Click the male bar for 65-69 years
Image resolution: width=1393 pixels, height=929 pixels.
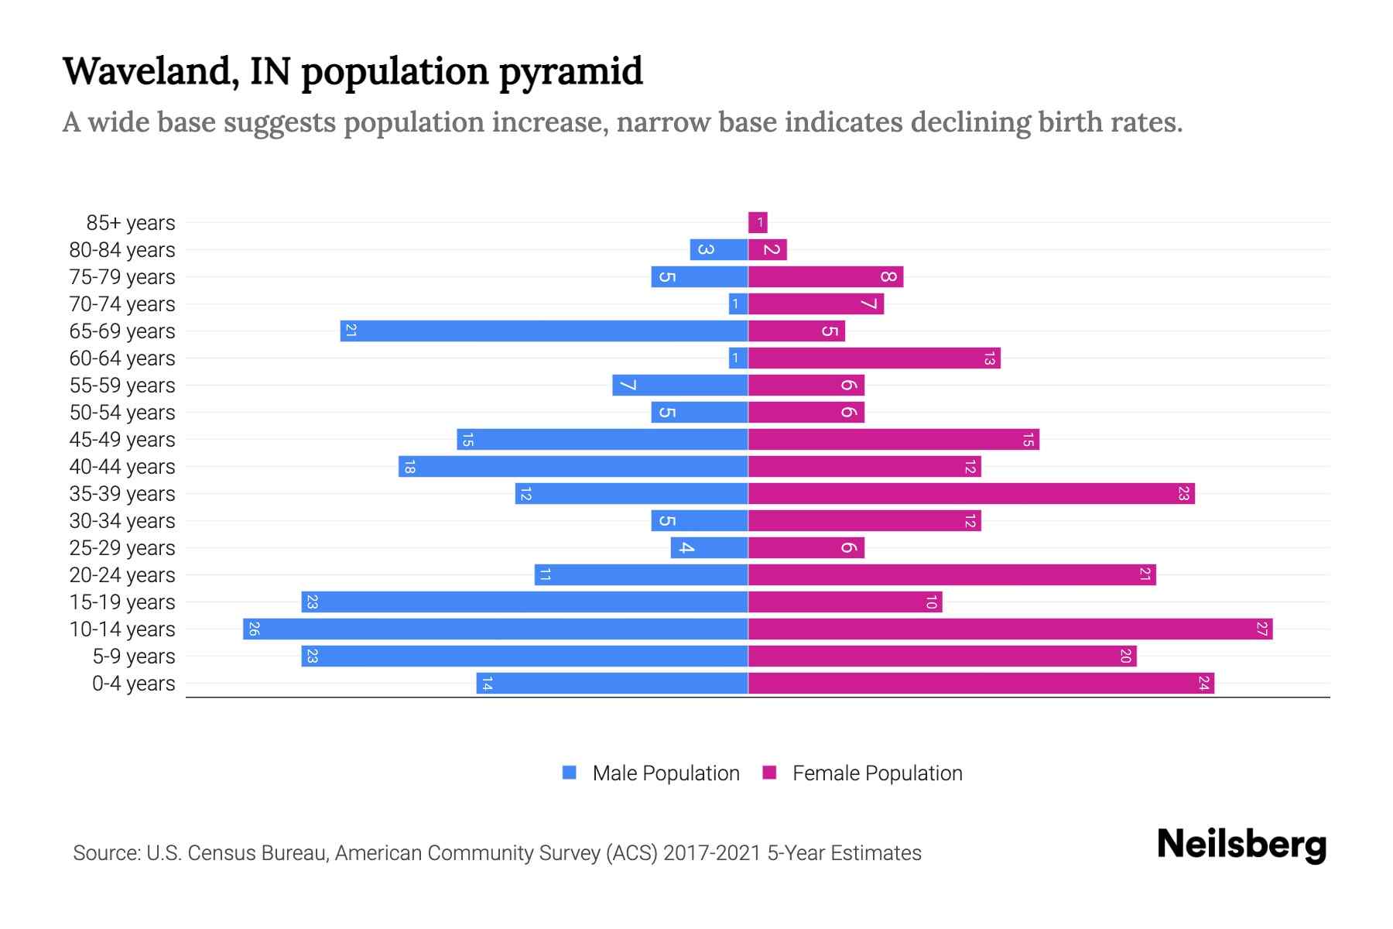pyautogui.click(x=544, y=331)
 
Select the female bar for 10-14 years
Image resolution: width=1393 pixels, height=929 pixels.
pyautogui.click(x=1010, y=629)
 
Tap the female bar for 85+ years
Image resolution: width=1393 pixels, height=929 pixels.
pyautogui.click(x=758, y=222)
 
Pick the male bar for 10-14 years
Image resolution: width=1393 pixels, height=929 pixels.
pyautogui.click(x=495, y=629)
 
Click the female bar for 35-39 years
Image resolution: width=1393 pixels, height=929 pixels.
pyautogui.click(x=971, y=493)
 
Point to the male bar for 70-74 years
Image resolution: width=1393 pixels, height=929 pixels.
pyautogui.click(x=738, y=303)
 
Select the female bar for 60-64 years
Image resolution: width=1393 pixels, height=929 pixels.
pyautogui.click(x=874, y=358)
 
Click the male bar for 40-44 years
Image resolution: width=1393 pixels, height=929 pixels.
pyautogui.click(x=573, y=466)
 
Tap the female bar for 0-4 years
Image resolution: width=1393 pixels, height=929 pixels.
pyautogui.click(x=981, y=683)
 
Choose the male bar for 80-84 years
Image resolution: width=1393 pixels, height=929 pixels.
pyautogui.click(x=719, y=249)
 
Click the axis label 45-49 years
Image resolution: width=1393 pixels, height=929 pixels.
pyautogui.click(x=122, y=439)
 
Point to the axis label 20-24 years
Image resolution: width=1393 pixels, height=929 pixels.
pyautogui.click(x=122, y=574)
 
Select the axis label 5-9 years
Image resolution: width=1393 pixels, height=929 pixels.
pyautogui.click(x=134, y=656)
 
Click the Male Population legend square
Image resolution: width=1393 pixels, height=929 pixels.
pyautogui.click(x=570, y=773)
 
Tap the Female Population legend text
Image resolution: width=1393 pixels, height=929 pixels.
pyautogui.click(x=877, y=773)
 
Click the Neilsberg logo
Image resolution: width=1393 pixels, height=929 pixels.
pyautogui.click(x=1241, y=845)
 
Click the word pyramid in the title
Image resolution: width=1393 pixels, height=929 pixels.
pyautogui.click(x=570, y=72)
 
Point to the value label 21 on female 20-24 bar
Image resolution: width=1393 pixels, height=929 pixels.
pyautogui.click(x=1145, y=574)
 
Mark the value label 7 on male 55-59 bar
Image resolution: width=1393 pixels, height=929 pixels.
pyautogui.click(x=627, y=385)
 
